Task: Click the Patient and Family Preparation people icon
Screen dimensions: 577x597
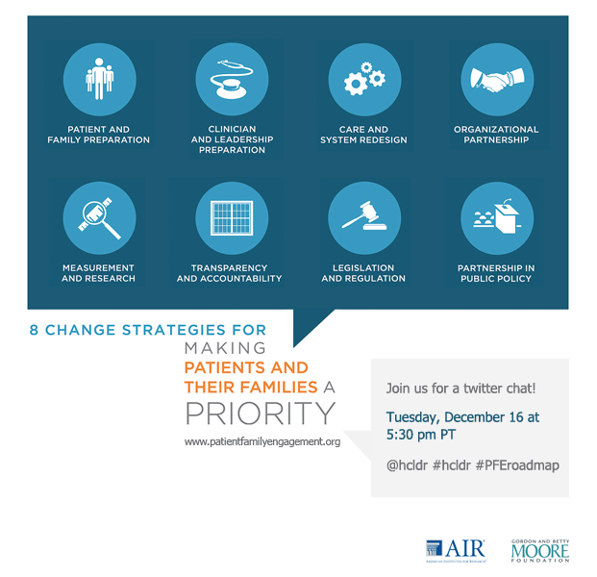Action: (99, 80)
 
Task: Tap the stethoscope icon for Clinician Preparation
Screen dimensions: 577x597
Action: (232, 80)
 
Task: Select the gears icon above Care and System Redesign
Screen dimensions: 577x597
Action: (364, 80)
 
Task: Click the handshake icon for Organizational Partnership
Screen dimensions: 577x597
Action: (497, 80)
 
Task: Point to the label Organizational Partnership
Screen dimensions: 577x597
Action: (497, 135)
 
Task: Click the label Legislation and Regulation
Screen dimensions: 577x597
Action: (363, 273)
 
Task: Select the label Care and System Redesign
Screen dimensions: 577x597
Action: (363, 135)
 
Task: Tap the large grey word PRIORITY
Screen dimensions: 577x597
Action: (261, 414)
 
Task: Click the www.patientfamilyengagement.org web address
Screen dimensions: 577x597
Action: (262, 442)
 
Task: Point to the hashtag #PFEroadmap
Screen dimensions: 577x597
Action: (517, 464)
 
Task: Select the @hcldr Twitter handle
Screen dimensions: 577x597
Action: (407, 464)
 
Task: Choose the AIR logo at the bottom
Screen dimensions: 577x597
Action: (455, 549)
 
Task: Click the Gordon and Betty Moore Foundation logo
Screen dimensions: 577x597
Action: (540, 549)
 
